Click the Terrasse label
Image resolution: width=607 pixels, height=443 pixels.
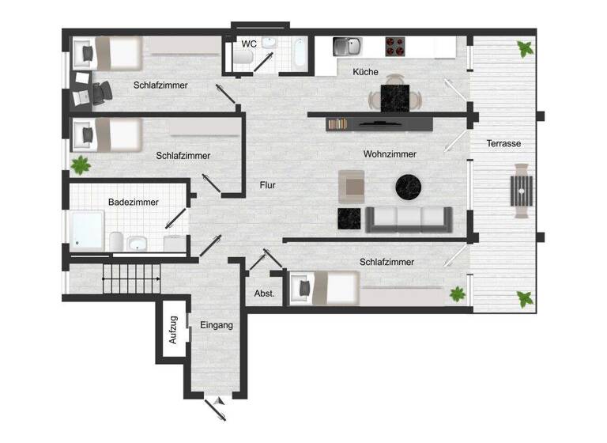pos(503,143)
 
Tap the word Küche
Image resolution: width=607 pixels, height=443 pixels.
pos(366,72)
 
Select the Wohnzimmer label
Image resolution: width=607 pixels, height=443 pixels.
pos(390,153)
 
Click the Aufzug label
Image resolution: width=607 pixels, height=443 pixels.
pos(173,330)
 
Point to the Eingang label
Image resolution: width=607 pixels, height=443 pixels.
pos(217,325)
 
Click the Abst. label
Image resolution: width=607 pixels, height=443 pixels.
pos(264,293)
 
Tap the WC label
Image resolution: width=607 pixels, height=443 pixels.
pos(249,44)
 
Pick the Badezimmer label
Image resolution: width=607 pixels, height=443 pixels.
pos(133,202)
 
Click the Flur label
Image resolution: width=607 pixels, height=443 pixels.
pos(268,186)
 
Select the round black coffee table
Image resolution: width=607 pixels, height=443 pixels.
pos(409,187)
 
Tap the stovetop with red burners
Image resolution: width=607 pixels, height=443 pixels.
pos(396,46)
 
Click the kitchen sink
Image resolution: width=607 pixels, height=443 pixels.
pos(346,46)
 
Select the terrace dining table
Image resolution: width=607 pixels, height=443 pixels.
pos(521,191)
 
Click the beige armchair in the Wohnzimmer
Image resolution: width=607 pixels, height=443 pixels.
pos(352,187)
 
